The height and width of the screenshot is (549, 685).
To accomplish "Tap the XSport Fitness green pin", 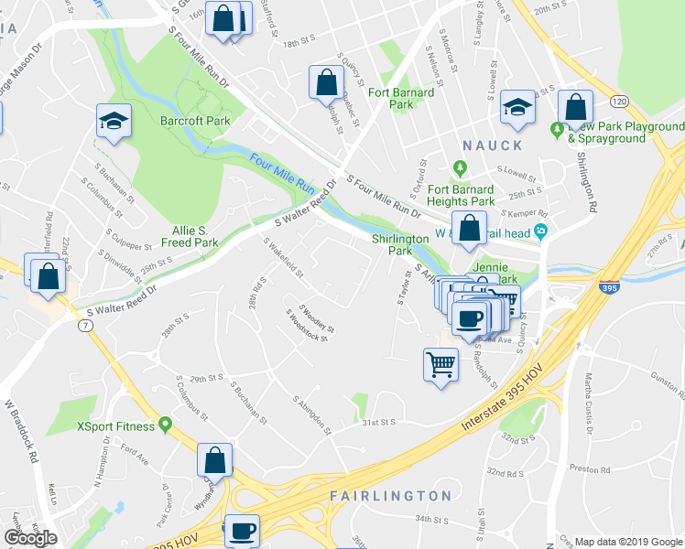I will (x=165, y=425).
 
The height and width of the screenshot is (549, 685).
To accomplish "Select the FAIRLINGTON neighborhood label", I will (x=390, y=496).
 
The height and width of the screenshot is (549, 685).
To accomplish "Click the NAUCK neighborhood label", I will (x=492, y=145).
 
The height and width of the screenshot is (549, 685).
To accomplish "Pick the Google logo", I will (x=30, y=538).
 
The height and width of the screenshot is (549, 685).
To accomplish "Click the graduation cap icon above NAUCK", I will (x=517, y=107).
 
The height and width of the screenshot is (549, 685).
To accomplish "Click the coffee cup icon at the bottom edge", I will (x=242, y=531).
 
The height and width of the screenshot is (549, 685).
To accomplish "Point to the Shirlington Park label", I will (x=399, y=244).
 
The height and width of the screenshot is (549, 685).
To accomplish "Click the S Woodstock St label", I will (x=306, y=325).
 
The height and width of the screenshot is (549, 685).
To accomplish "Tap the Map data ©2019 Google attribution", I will (x=628, y=542).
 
